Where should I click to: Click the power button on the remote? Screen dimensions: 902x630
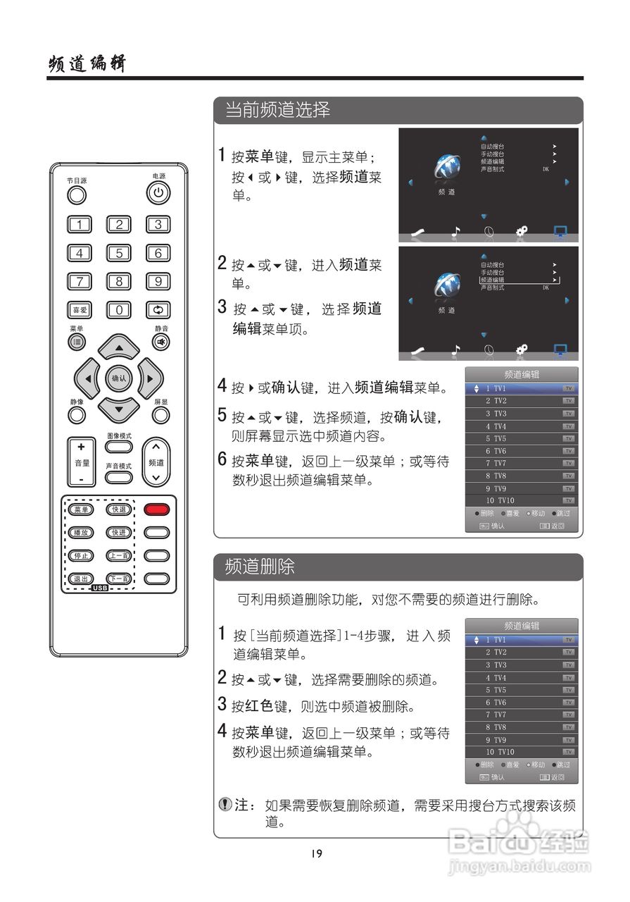pyautogui.click(x=158, y=192)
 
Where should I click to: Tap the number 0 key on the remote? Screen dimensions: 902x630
pyautogui.click(x=119, y=309)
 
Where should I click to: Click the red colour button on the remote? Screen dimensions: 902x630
pyautogui.click(x=157, y=509)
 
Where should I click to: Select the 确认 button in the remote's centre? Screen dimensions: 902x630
pyautogui.click(x=118, y=378)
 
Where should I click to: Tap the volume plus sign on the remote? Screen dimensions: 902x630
pyautogui.click(x=81, y=447)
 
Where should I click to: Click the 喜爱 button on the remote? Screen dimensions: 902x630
pyautogui.click(x=79, y=309)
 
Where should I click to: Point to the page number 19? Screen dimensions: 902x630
pyautogui.click(x=316, y=853)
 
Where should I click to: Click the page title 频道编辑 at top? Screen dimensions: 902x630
pyautogui.click(x=87, y=64)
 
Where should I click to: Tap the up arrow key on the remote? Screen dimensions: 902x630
pyautogui.click(x=118, y=347)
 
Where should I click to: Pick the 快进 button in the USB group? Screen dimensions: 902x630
pyautogui.click(x=118, y=533)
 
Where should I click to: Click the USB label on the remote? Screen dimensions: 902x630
pyautogui.click(x=99, y=588)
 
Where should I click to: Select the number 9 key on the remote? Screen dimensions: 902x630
pyautogui.click(x=158, y=281)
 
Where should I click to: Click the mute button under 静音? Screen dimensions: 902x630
pyautogui.click(x=161, y=342)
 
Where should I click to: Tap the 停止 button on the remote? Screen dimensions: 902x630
pyautogui.click(x=80, y=555)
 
